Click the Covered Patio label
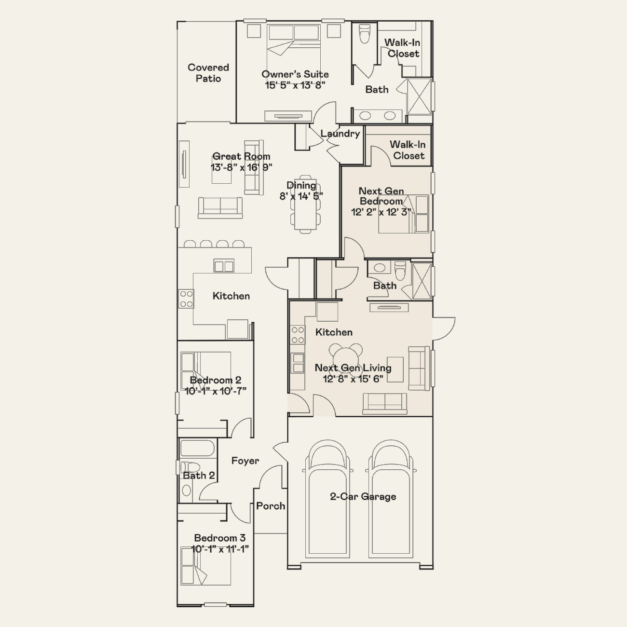click(x=208, y=73)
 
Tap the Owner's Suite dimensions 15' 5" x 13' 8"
click(x=295, y=85)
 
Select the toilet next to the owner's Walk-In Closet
click(x=365, y=33)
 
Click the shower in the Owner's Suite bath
click(x=420, y=96)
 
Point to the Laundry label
click(x=340, y=134)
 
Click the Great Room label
click(x=241, y=156)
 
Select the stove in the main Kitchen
click(x=186, y=299)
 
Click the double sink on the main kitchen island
click(x=224, y=266)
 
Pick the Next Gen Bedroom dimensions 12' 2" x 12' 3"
click(x=381, y=212)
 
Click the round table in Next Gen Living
click(x=345, y=358)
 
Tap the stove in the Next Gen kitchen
click(x=298, y=335)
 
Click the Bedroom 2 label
click(x=216, y=380)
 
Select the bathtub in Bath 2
click(x=197, y=448)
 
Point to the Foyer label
click(x=245, y=461)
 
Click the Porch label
click(x=271, y=506)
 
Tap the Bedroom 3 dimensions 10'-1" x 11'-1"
click(x=219, y=549)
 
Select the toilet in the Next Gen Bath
click(x=399, y=271)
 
